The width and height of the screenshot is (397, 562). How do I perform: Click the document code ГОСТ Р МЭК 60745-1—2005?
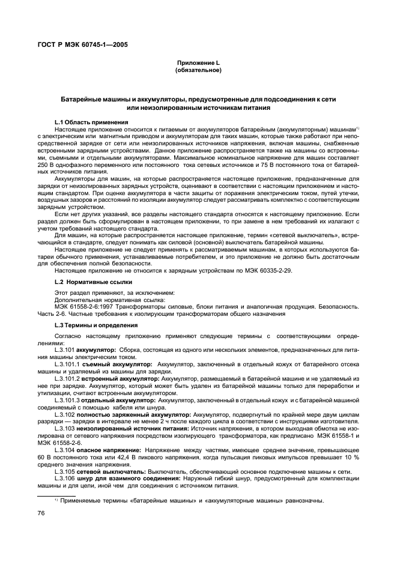pos(76,43)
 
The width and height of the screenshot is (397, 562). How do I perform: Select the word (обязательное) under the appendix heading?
pos(198,70)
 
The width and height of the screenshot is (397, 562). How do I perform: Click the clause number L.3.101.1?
pos(68,364)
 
